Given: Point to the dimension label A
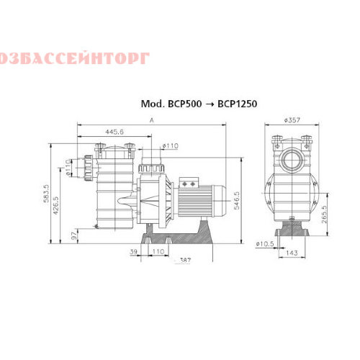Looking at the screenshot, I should pyautogui.click(x=152, y=122).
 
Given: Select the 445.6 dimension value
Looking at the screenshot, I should pyautogui.click(x=114, y=132).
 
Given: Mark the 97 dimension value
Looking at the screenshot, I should pyautogui.click(x=74, y=235).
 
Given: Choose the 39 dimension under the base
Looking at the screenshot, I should pyautogui.click(x=133, y=252).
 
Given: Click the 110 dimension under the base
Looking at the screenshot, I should pyautogui.click(x=158, y=252).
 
